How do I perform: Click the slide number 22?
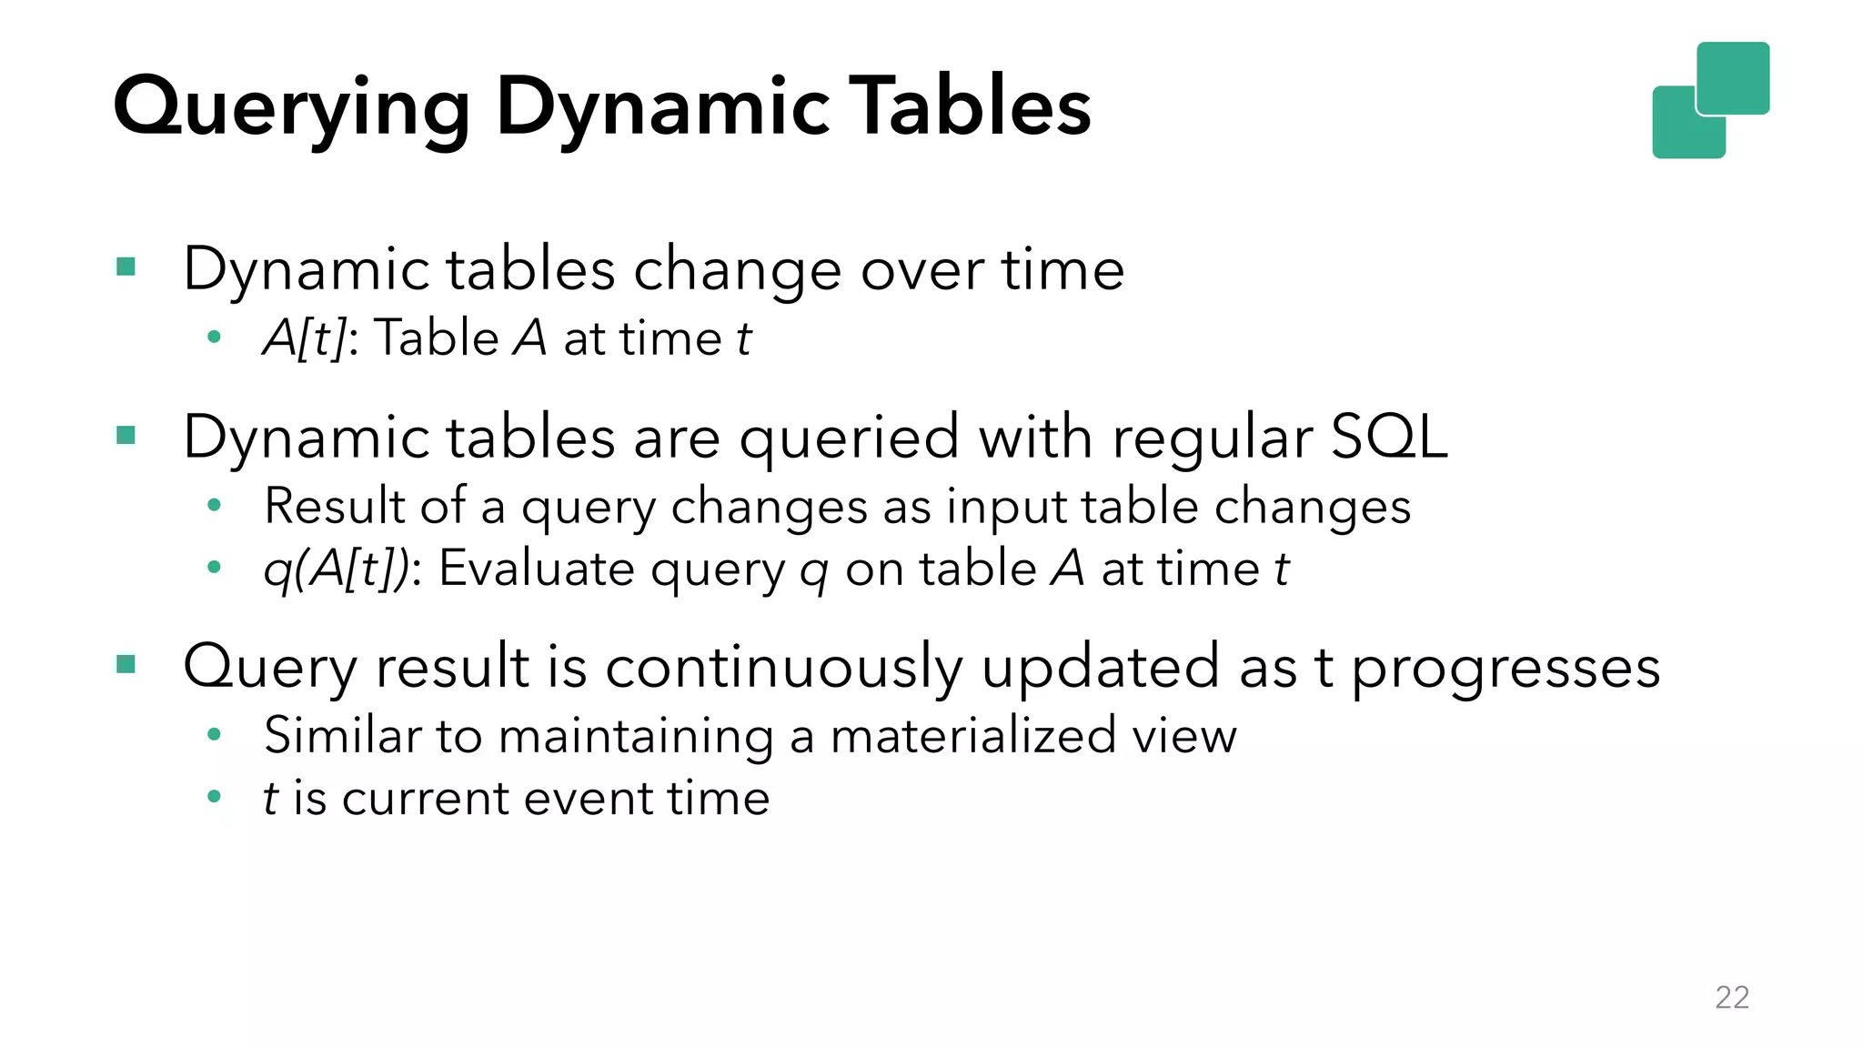(x=1731, y=997)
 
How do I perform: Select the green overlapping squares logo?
(x=1710, y=100)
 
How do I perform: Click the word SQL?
(x=1388, y=437)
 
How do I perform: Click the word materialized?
(x=972, y=735)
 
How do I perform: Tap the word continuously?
(x=783, y=666)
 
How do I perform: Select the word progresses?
(x=1506, y=668)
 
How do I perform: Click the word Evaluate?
(x=537, y=569)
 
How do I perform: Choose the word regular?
(x=1212, y=438)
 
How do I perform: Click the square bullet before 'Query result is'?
(x=126, y=665)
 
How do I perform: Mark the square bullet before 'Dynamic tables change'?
(x=126, y=267)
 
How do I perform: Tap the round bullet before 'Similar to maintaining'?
(x=214, y=734)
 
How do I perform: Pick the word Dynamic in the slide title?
(x=662, y=107)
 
